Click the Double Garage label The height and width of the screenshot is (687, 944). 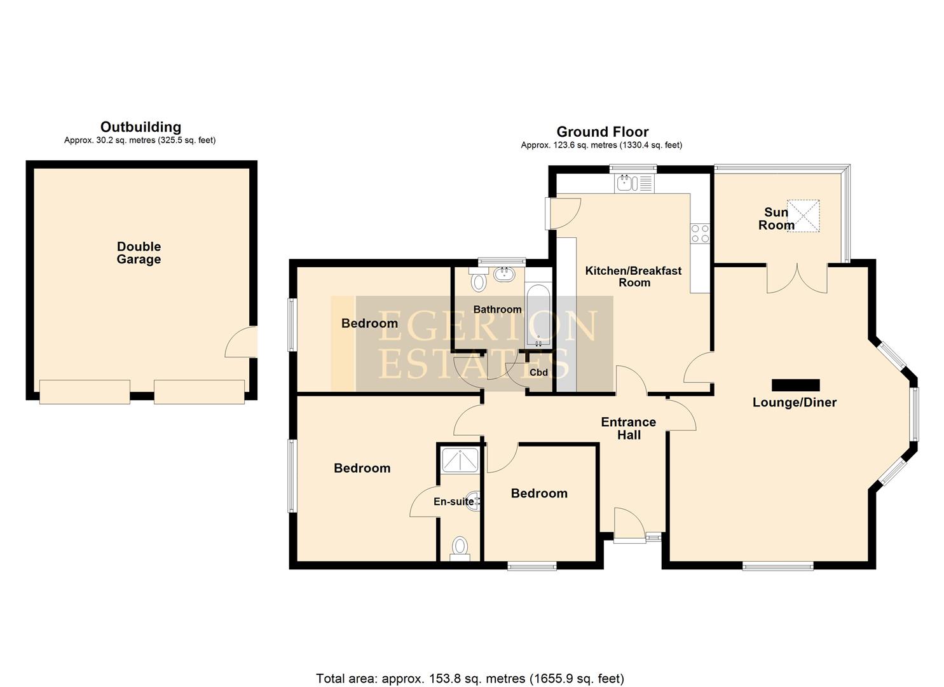(139, 253)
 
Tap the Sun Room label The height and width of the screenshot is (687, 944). (776, 218)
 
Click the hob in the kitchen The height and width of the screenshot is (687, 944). (700, 233)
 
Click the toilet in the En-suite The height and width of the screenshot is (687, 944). (459, 547)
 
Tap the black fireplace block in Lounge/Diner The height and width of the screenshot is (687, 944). (795, 384)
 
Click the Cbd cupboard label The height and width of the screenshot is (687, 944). (538, 372)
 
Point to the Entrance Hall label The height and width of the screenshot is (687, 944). (628, 428)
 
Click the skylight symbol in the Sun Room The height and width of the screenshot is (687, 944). (804, 216)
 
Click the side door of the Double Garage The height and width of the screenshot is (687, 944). (243, 342)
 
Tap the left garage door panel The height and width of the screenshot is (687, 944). (85, 391)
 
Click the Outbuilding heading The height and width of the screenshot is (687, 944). (140, 127)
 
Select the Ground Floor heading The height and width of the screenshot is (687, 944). (602, 132)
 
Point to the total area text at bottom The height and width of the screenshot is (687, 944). (470, 678)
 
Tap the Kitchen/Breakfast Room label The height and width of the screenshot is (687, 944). (633, 276)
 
